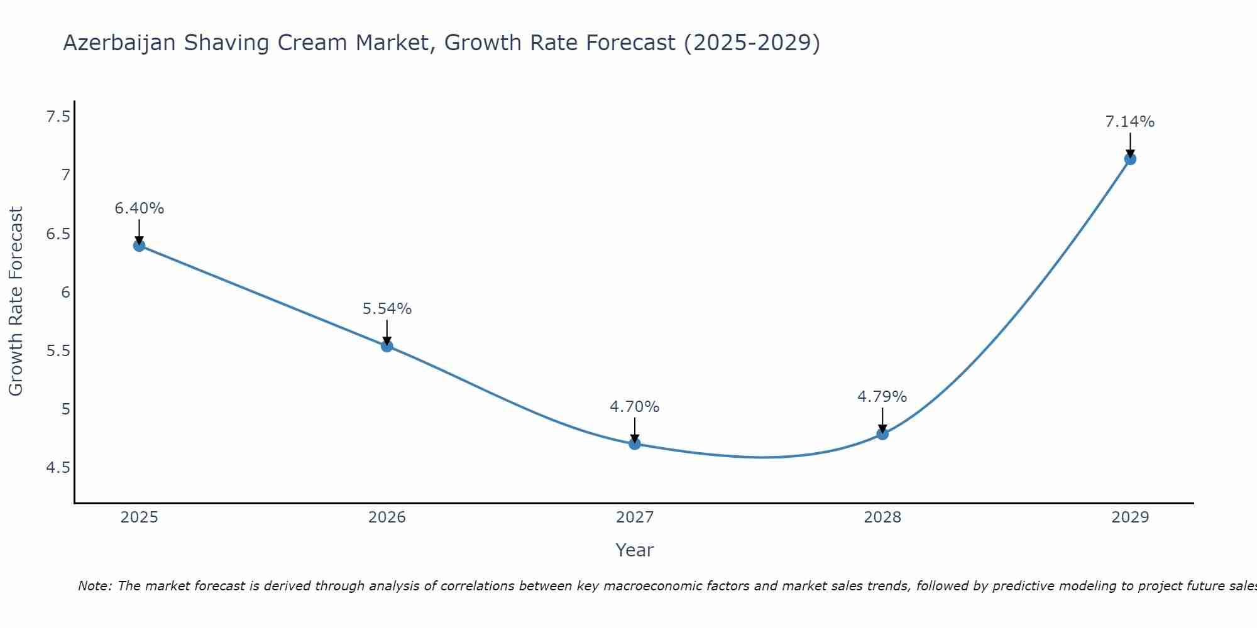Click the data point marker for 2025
[x=139, y=246]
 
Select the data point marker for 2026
[x=387, y=346]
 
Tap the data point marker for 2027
[x=635, y=444]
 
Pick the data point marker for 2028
[x=882, y=433]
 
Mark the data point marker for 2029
[x=1130, y=159]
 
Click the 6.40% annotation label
[x=139, y=208]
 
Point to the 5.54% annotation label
[x=387, y=309]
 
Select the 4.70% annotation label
[x=635, y=407]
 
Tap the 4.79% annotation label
[x=882, y=397]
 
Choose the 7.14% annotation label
[x=1130, y=122]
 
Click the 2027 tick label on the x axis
[x=635, y=517]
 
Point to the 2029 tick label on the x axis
[x=1130, y=517]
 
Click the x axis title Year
[x=635, y=550]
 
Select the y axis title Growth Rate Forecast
[x=16, y=301]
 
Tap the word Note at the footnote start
[x=94, y=586]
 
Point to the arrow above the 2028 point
[x=882, y=420]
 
